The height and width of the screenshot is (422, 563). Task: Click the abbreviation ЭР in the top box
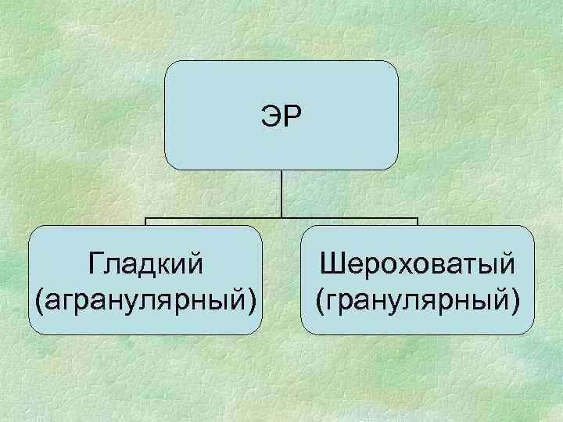click(x=281, y=116)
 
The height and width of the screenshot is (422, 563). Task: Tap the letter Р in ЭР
click(x=292, y=116)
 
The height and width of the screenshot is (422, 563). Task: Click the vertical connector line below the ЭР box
click(x=281, y=191)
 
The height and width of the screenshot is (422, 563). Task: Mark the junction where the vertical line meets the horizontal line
click(x=281, y=217)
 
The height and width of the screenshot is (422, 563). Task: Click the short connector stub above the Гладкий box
click(x=146, y=221)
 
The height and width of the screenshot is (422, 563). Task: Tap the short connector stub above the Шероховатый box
click(x=417, y=221)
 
